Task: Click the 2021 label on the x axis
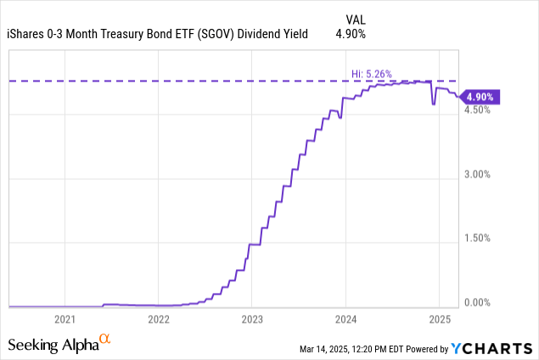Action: coord(65,319)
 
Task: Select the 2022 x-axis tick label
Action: coord(159,319)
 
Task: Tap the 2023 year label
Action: coord(252,319)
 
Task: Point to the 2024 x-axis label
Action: coord(345,319)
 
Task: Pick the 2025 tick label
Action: coord(439,319)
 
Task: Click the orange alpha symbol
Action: coord(105,339)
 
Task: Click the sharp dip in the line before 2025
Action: coord(433,104)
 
